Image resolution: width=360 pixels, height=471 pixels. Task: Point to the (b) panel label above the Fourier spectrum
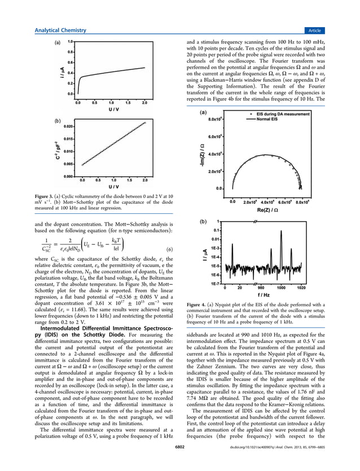coord(203,222)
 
